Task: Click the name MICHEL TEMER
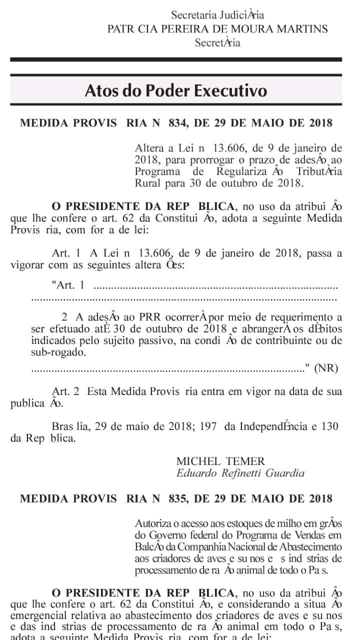(x=220, y=461)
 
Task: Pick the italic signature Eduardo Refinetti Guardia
(x=240, y=473)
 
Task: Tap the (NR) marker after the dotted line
(x=325, y=368)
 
